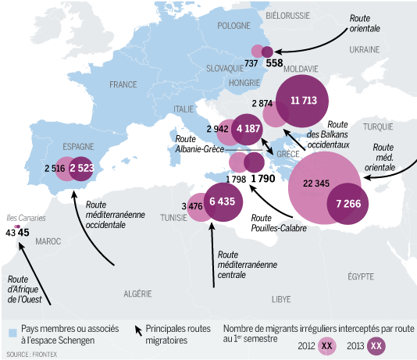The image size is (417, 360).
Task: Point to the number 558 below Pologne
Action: pos(274,63)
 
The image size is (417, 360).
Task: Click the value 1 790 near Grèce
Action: pos(265,179)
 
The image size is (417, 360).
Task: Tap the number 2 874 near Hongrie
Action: pos(262,103)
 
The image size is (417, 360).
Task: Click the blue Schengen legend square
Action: pos(12,333)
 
